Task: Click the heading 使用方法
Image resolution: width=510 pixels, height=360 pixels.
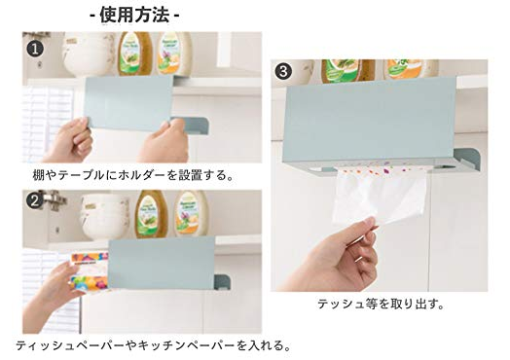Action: pos(134,15)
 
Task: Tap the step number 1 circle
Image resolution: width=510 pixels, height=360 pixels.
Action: pos(35,49)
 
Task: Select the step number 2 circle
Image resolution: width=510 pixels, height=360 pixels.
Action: pos(34,201)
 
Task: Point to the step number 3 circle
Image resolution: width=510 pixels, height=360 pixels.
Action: pos(283,71)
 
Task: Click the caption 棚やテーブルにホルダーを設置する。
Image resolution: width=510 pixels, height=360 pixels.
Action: pos(133,175)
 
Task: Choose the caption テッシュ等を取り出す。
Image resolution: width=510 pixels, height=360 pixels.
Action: pos(381,305)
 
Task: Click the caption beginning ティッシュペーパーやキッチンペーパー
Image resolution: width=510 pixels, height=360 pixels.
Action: pos(153,345)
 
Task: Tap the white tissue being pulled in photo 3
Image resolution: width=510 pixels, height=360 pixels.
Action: pos(379,196)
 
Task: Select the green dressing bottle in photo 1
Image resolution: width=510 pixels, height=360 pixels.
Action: pos(134,54)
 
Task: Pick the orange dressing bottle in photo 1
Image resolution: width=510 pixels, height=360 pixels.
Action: pos(173,53)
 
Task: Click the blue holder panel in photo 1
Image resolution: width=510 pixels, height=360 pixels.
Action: pos(128,103)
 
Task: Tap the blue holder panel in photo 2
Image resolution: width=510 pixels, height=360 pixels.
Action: pos(161,263)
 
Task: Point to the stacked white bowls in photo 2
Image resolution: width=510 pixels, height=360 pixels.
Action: pos(105,216)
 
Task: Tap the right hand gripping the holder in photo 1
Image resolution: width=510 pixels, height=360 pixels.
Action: pos(164,141)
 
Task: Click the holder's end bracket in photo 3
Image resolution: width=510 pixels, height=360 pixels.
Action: pos(466,160)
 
